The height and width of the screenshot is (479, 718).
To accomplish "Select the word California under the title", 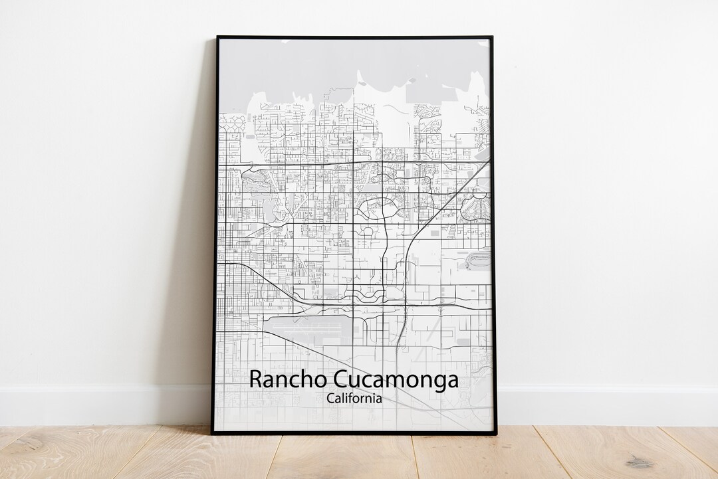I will tap(354, 399).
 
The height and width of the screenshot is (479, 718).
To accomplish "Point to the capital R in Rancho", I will tap(255, 380).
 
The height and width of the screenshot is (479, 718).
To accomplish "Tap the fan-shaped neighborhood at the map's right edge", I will tap(475, 207).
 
